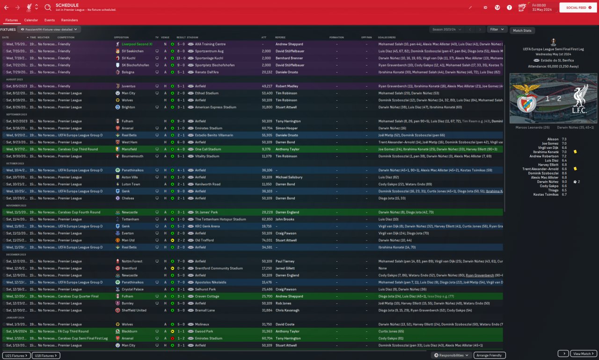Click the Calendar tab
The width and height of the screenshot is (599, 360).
pos(31,20)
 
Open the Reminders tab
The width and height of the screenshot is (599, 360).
pos(69,20)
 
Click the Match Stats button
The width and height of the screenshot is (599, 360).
pos(522,30)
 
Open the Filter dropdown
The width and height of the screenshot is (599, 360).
pos(497,29)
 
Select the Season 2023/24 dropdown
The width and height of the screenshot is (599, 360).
pos(447,29)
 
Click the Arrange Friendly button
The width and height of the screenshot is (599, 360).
pos(489,355)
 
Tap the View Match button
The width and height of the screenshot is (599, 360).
pos(584,354)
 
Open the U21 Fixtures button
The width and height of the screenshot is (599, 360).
pos(16,356)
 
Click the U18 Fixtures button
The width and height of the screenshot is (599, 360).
pos(46,356)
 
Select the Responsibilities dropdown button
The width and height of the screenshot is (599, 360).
pos(452,355)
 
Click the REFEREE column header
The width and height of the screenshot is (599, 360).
pos(280,37)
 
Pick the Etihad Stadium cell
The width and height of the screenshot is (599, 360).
pos(206,93)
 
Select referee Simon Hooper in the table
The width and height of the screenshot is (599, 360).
pos(286,128)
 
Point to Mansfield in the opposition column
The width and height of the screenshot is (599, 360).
pos(129,149)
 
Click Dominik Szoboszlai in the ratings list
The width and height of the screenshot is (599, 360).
pos(544,173)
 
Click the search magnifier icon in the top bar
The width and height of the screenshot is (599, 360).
pos(48,7)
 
